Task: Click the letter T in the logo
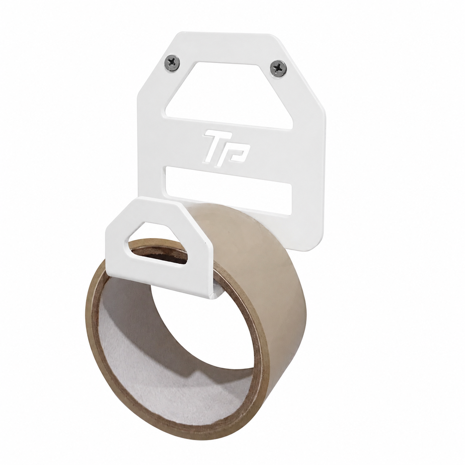tap(213, 148)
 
